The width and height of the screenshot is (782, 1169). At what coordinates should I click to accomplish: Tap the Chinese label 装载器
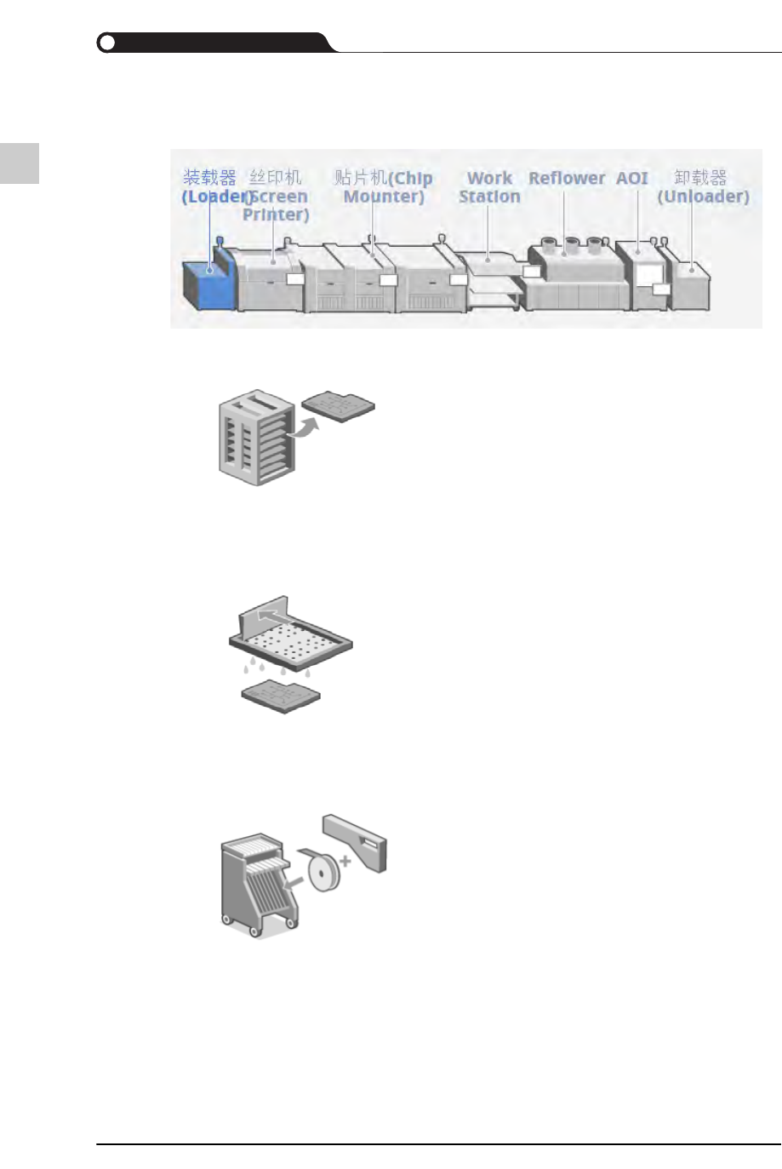pyautogui.click(x=209, y=178)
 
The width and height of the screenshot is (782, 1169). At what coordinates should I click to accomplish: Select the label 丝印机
pyautogui.click(x=275, y=178)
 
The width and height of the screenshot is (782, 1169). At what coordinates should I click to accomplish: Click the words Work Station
pyautogui.click(x=489, y=187)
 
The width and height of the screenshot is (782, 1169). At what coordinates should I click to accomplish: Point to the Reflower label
pyautogui.click(x=567, y=179)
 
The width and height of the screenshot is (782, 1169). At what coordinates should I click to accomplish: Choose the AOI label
pyautogui.click(x=632, y=179)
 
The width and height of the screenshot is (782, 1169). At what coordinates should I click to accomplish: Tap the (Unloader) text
pyautogui.click(x=703, y=197)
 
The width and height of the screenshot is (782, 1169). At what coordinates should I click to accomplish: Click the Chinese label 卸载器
pyautogui.click(x=700, y=178)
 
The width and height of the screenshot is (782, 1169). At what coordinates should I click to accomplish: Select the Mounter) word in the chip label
pyautogui.click(x=384, y=197)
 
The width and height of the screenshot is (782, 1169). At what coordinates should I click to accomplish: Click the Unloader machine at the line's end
pyautogui.click(x=690, y=281)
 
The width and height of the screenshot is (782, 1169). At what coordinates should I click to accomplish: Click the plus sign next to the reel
pyautogui.click(x=345, y=862)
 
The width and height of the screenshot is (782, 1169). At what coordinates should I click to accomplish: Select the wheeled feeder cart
pyautogui.click(x=259, y=885)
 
